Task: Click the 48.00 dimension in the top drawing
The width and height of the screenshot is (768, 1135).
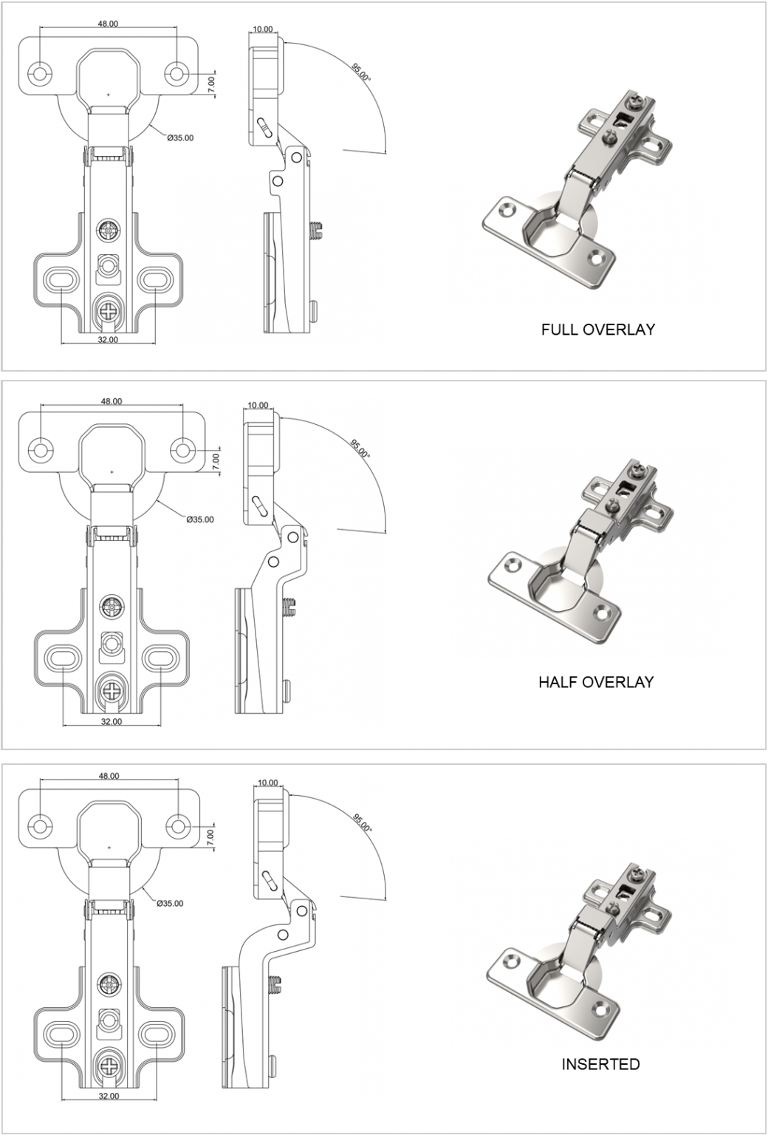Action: click(108, 24)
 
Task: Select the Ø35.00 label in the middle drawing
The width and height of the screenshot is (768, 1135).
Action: click(200, 519)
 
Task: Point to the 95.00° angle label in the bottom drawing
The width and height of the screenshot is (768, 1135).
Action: click(362, 823)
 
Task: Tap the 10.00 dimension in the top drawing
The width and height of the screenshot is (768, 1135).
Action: click(262, 30)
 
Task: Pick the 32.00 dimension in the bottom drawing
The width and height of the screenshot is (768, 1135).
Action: click(109, 1096)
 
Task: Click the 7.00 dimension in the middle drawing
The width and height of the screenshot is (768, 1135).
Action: click(216, 461)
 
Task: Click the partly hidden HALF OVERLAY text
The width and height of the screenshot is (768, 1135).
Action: click(597, 681)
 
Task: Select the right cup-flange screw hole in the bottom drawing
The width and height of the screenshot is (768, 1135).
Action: click(178, 825)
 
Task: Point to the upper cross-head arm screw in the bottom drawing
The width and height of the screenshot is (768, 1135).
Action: click(109, 984)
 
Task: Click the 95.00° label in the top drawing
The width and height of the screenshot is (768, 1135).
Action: click(361, 73)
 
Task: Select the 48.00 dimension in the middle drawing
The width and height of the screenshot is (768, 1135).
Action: click(112, 401)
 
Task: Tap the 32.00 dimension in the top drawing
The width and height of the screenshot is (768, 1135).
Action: click(108, 339)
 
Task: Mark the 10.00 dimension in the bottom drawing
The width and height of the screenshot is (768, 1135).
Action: click(268, 783)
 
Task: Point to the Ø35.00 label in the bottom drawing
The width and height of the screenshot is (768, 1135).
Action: click(170, 903)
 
